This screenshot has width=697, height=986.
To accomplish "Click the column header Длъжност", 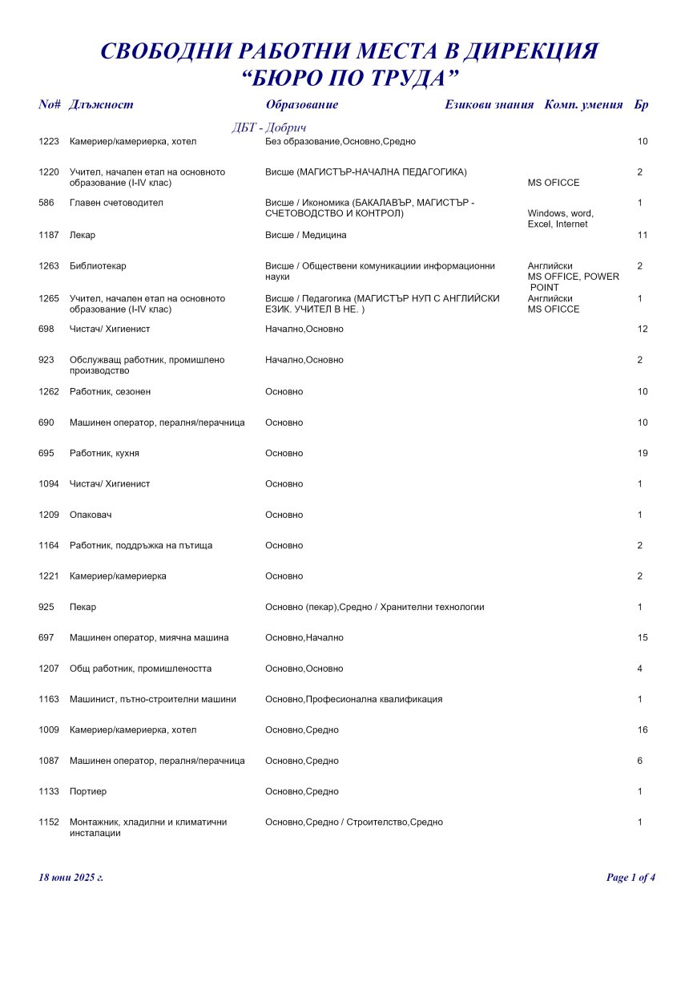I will pos(101,105).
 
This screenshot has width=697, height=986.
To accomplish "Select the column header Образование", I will pos(301,105).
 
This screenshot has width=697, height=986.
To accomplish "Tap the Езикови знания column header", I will pos(489,105).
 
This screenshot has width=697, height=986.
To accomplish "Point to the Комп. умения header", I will pos(583,105).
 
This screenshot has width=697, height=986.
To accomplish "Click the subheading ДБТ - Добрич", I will pos(269,128).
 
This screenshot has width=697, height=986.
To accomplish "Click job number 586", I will pos(46,203).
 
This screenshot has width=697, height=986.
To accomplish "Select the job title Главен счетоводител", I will pos(116,203).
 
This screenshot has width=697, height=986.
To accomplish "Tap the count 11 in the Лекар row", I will pos(642,235).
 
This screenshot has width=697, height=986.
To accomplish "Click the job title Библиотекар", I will pos(98,266).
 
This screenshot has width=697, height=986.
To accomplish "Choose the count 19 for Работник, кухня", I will pos(642,454).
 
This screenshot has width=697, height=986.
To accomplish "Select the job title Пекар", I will pos(83,608).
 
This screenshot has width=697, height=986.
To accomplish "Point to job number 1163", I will pos(49,699).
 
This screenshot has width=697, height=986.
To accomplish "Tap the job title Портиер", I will pos(88,792).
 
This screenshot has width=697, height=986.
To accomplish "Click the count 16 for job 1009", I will pos(642,730).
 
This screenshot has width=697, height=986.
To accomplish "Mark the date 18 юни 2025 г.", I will pos(71,878).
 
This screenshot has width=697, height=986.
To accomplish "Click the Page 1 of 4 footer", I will pos(631,878).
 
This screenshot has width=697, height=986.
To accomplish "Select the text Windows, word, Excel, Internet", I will pos(560,219).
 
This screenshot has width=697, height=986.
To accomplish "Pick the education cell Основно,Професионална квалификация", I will pos(353,699).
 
